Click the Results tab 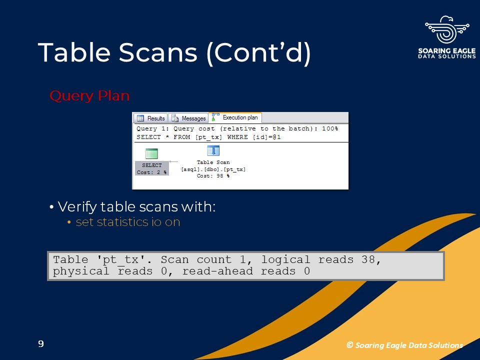click(150, 118)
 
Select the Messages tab click(188, 118)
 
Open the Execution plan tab click(235, 117)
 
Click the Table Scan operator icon click(213, 150)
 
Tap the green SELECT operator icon click(151, 153)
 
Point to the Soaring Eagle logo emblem click(447, 29)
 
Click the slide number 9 click(41, 344)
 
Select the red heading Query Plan click(89, 96)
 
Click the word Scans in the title click(158, 52)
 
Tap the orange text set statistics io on click(128, 222)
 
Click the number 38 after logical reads click(367, 259)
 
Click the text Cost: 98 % click(213, 175)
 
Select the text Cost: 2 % click(151, 172)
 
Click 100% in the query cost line click(330, 128)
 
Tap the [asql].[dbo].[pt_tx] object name click(213, 169)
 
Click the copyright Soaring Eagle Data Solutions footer click(404, 345)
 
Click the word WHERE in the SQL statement click(237, 137)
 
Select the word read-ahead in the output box click(217, 271)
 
